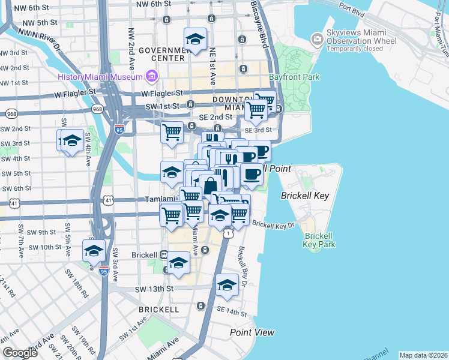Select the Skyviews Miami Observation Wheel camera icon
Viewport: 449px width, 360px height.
(317, 40)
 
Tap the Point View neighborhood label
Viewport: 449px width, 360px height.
(252, 332)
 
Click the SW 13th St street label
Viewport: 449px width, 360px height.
(154, 289)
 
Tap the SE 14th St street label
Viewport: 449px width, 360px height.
(232, 311)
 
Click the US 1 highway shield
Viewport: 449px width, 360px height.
(228, 234)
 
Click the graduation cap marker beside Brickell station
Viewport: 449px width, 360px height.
(178, 263)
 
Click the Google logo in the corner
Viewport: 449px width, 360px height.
(19, 353)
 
